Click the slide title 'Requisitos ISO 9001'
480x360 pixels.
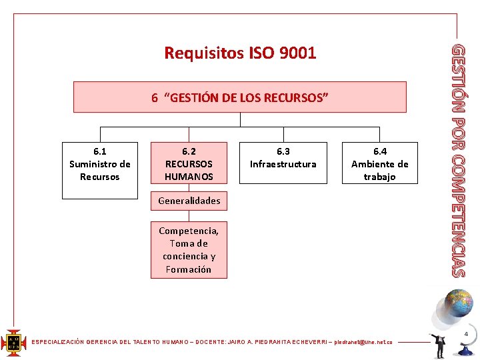click(x=240, y=53)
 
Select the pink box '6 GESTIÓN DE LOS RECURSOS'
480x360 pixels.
click(x=240, y=97)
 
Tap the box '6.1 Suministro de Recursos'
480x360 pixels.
click(x=100, y=171)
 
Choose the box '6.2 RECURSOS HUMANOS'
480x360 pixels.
click(x=189, y=163)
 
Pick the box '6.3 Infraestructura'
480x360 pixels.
click(x=283, y=163)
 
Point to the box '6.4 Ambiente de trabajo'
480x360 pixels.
click(x=379, y=163)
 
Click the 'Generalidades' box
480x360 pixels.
click(x=189, y=201)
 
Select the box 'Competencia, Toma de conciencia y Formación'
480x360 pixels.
click(x=189, y=250)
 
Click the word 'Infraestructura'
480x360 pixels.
click(x=283, y=165)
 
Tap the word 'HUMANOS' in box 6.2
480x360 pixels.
click(x=189, y=177)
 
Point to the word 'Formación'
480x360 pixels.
click(x=189, y=269)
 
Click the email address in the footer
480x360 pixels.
click(x=363, y=342)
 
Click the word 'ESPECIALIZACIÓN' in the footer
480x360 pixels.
click(x=59, y=342)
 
